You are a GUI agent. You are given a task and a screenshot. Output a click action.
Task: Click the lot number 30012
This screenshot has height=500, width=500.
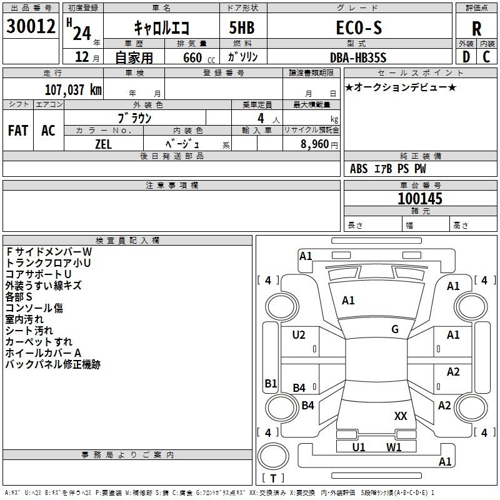(31, 26)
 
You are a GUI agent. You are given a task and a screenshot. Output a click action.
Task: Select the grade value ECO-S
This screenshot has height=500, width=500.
(359, 27)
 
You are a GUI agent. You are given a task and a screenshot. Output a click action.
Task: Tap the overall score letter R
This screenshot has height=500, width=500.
(476, 29)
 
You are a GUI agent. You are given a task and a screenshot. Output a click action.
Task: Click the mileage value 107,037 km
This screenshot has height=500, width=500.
(73, 90)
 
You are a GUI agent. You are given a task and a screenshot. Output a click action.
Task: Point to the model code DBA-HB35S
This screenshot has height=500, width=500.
(358, 57)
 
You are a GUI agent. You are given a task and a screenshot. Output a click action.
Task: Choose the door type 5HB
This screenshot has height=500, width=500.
(242, 27)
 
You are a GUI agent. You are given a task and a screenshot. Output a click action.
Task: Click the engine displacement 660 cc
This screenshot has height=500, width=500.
(199, 58)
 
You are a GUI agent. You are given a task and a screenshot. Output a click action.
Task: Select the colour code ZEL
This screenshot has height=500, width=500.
(104, 144)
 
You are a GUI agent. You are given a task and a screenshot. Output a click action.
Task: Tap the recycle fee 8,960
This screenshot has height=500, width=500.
(315, 144)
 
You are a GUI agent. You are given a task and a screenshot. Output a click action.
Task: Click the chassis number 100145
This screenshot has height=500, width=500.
(420, 199)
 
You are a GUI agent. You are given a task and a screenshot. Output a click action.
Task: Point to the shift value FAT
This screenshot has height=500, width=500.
(18, 131)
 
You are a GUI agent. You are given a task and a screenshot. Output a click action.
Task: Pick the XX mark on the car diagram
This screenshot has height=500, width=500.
(401, 416)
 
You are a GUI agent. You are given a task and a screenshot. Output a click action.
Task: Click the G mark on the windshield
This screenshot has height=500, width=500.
(395, 329)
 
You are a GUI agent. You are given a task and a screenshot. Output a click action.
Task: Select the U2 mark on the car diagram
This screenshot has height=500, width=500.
(299, 335)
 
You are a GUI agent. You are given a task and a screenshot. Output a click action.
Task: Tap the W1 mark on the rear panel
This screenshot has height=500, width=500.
(394, 447)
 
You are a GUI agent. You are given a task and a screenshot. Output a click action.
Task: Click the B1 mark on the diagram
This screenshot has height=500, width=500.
(271, 383)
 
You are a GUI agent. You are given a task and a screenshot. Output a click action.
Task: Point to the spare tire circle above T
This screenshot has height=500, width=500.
(273, 456)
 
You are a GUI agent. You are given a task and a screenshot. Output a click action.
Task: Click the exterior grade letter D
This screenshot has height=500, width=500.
(466, 57)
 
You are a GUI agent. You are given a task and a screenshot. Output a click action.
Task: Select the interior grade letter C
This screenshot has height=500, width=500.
(486, 57)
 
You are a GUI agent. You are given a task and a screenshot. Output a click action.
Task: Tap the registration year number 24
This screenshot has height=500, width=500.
(82, 33)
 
